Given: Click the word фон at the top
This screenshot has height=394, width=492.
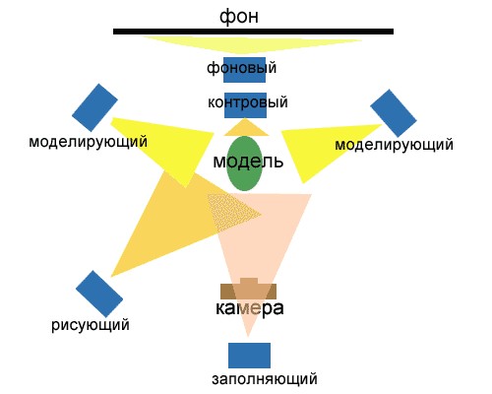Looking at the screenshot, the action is pyautogui.click(x=239, y=17).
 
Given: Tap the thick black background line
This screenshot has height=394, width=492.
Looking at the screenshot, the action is pyautogui.click(x=253, y=32).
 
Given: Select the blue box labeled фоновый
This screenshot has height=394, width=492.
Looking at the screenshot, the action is pyautogui.click(x=244, y=70).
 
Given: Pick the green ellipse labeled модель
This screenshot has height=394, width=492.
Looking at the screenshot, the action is pyautogui.click(x=244, y=164).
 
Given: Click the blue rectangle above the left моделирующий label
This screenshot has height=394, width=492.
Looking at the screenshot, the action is pyautogui.click(x=94, y=107).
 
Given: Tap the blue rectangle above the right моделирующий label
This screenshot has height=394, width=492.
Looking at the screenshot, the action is pyautogui.click(x=394, y=113).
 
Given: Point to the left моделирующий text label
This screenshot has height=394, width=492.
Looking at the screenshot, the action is pyautogui.click(x=88, y=142).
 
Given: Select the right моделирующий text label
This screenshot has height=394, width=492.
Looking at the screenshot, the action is pyautogui.click(x=394, y=145).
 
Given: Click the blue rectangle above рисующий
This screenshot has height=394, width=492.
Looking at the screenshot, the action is pyautogui.click(x=99, y=294).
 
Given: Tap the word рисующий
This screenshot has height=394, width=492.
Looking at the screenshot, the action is pyautogui.click(x=91, y=325).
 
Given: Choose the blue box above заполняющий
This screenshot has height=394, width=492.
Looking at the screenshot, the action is pyautogui.click(x=249, y=356).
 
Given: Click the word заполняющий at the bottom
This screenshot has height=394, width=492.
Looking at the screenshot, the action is pyautogui.click(x=265, y=379).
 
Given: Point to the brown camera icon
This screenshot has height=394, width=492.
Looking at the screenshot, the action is pyautogui.click(x=248, y=290).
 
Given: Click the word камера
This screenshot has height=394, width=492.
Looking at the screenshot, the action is pyautogui.click(x=249, y=308).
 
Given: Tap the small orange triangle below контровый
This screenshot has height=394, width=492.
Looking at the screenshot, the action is pyautogui.click(x=246, y=129).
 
